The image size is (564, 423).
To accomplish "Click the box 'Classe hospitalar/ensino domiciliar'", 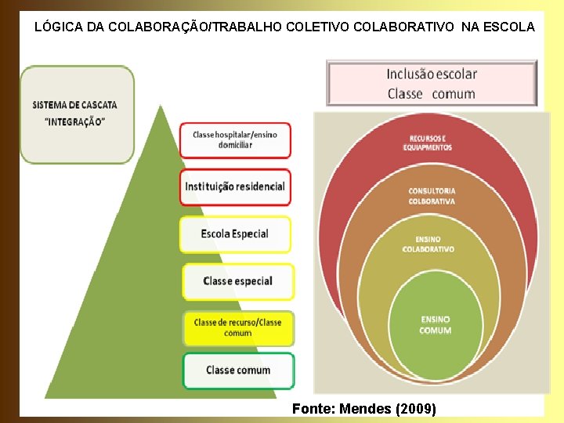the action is pos(235,140).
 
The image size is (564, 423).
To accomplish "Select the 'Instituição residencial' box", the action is pos(235,187).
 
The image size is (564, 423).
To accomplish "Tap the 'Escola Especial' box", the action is pos(235,234).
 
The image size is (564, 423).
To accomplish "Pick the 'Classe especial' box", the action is pos(237,281).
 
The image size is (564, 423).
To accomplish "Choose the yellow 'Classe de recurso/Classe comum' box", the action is pos(237,328).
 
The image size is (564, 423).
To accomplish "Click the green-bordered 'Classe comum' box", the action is pos(238,371).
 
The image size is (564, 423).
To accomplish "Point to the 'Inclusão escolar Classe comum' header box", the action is pos(432,84).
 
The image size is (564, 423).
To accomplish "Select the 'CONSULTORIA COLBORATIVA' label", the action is pos(432,196).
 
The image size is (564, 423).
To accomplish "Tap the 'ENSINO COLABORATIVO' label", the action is pos(428,244).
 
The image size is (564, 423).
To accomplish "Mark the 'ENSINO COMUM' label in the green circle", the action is pos(436,325).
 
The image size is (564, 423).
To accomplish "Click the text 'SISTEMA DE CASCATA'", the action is pos(75,105).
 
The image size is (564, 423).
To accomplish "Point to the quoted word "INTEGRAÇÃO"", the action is pos(75,122).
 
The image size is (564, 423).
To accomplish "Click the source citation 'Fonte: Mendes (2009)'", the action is pos(363,409).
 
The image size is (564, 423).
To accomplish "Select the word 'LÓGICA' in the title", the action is pos(59,27).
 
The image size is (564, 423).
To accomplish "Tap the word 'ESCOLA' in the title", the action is pos(510,27).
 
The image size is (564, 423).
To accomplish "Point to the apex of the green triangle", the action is pos(160,107).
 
